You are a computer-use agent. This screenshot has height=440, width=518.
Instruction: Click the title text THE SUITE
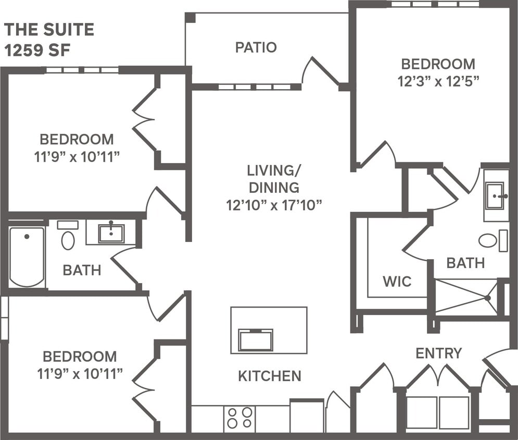click(49, 30)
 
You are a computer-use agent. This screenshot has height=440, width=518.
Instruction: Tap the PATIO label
click(256, 47)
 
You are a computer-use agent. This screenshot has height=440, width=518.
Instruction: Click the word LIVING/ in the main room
click(270, 170)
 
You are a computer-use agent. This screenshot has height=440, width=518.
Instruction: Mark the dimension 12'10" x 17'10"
click(274, 204)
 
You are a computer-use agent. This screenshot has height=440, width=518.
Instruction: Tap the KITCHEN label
click(269, 375)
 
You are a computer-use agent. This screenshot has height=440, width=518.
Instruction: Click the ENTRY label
click(438, 353)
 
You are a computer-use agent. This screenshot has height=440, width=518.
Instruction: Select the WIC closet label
click(397, 282)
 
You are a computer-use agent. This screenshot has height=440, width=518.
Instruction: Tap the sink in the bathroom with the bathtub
click(111, 233)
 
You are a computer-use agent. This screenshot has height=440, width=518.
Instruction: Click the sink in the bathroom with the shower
click(495, 195)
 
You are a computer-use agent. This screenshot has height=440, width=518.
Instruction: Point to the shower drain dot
click(488, 298)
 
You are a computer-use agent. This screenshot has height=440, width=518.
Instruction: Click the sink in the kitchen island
click(255, 340)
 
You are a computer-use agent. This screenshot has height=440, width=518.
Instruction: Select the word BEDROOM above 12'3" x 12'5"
click(438, 64)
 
